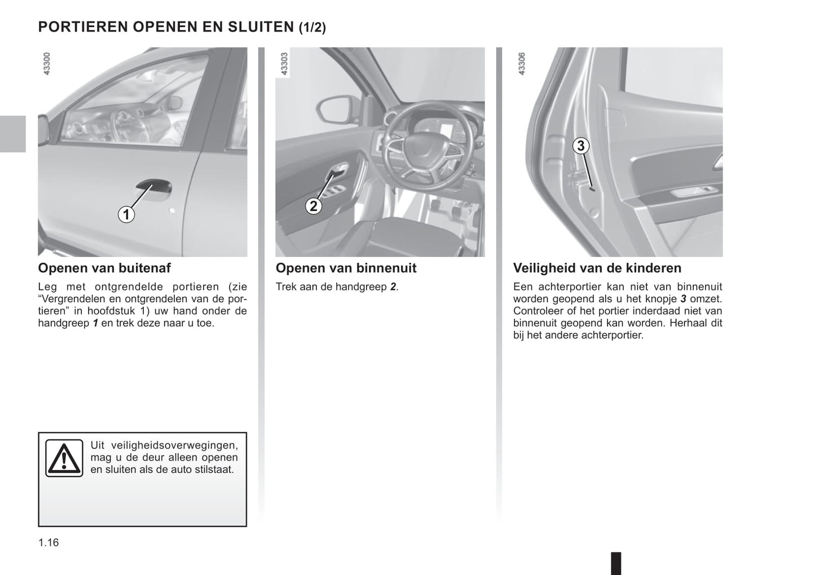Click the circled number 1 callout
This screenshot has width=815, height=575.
(x=126, y=214)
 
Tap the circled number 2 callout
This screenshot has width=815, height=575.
(x=314, y=207)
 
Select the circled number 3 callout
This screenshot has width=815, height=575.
(x=580, y=146)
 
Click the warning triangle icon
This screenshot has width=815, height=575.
(x=64, y=458)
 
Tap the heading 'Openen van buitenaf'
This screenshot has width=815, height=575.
(x=104, y=268)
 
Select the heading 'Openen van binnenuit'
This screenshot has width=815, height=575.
(x=346, y=268)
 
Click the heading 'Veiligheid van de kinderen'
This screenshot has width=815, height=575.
(x=597, y=268)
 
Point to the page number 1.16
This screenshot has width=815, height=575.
(x=49, y=543)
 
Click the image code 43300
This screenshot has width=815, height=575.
(x=47, y=64)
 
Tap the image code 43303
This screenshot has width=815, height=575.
(x=285, y=64)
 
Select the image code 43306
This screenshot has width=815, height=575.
(x=522, y=64)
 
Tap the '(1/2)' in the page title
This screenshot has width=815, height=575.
(x=312, y=27)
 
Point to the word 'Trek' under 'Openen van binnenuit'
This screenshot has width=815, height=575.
(x=286, y=287)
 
